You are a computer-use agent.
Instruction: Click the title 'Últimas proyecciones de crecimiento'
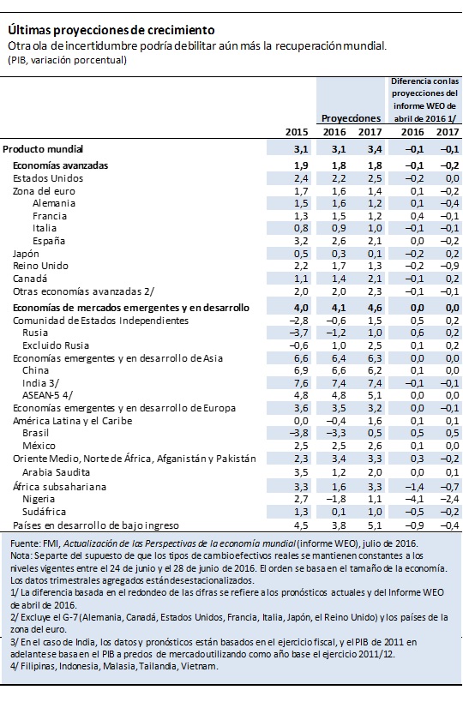click(x=111, y=31)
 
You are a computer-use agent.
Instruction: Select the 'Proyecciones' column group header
click(x=351, y=118)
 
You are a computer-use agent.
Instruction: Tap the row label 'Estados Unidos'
click(x=48, y=178)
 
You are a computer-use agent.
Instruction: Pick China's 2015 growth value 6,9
click(x=300, y=370)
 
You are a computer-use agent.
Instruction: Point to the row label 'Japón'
click(x=26, y=254)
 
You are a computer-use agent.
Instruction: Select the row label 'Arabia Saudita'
click(x=56, y=472)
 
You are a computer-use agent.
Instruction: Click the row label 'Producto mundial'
click(x=43, y=149)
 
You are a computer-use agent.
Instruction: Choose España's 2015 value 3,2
click(x=300, y=242)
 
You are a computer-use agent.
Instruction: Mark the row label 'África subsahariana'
click(x=59, y=487)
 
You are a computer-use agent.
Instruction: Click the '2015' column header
click(x=297, y=132)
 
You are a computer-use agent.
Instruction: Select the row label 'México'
click(x=39, y=446)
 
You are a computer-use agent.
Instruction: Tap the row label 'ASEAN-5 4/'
click(x=47, y=395)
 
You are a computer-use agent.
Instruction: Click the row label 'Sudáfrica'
click(x=44, y=512)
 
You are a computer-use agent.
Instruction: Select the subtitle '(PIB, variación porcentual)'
click(x=67, y=60)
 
